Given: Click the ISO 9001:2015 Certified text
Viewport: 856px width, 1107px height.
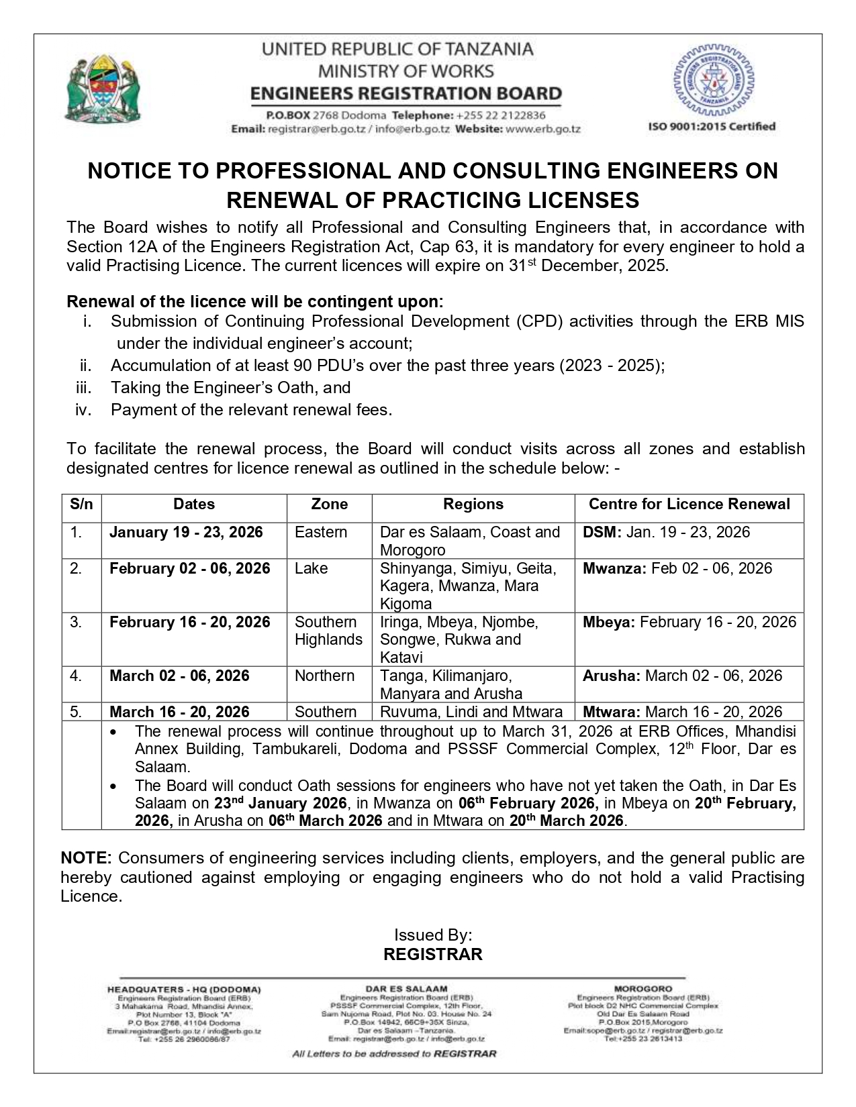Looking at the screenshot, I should (x=711, y=126).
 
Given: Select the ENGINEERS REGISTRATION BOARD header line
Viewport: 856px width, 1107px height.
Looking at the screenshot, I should (x=406, y=93).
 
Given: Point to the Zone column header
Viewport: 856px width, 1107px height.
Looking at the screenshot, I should (x=329, y=505).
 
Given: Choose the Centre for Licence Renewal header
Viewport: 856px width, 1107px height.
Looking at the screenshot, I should (x=689, y=505).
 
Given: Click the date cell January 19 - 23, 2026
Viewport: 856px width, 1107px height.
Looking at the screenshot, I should (x=186, y=533).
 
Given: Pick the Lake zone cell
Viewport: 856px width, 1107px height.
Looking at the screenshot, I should (x=311, y=569).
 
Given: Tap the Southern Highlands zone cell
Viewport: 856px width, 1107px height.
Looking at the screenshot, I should (x=328, y=631).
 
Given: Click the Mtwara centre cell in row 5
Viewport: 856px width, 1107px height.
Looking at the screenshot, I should (x=682, y=712).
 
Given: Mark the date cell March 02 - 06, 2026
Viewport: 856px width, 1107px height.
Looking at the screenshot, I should (x=179, y=676).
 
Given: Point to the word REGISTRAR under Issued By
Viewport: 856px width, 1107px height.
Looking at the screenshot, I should (x=432, y=954).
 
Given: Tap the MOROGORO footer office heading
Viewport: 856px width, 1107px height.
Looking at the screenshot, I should (x=643, y=989).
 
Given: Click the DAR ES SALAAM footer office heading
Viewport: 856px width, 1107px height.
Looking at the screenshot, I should (x=406, y=989).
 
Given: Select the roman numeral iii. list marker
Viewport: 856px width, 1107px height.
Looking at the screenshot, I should (x=84, y=388).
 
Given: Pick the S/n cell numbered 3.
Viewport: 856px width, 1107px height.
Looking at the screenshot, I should (x=76, y=623).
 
